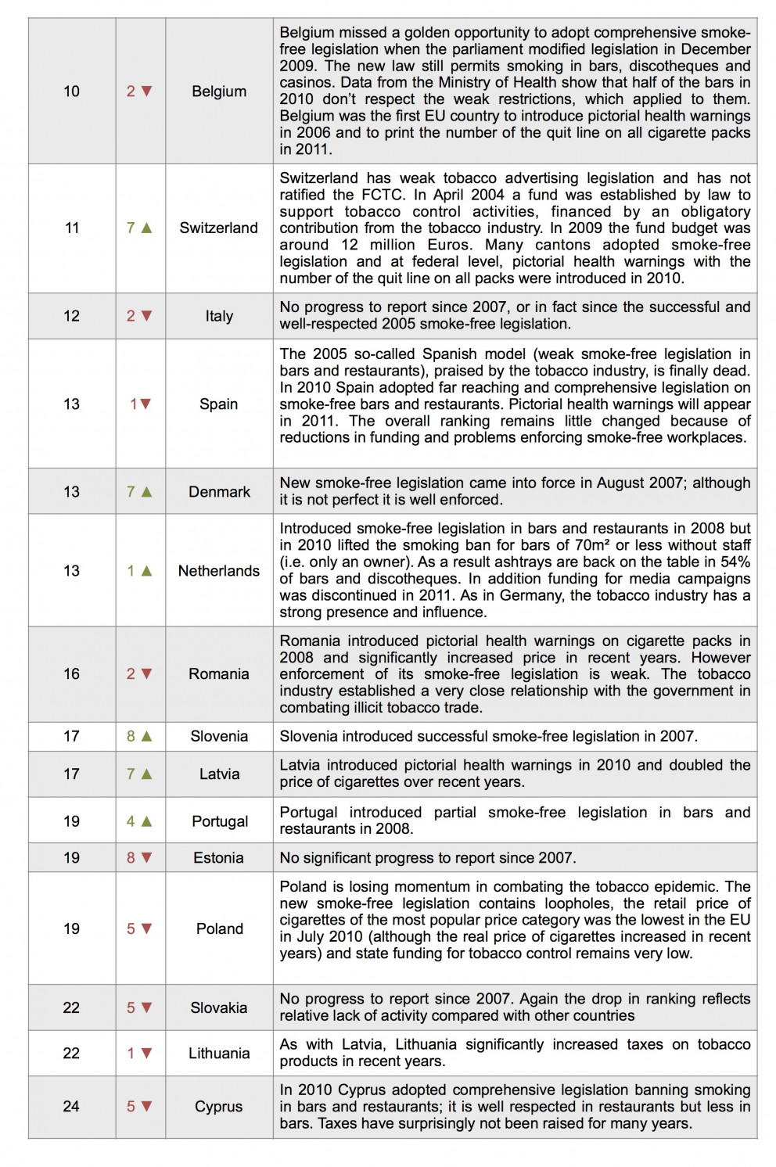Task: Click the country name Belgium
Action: click(x=219, y=92)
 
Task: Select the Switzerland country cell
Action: click(x=219, y=228)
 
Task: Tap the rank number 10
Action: click(x=71, y=92)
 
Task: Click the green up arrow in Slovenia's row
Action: click(x=146, y=736)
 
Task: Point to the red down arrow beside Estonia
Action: click(x=146, y=858)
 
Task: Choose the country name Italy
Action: click(x=219, y=316)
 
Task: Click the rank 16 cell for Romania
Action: click(x=71, y=674)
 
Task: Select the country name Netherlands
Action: click(x=219, y=571)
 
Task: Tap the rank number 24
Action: click(x=71, y=1107)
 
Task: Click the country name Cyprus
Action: click(x=219, y=1107)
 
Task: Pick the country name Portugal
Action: click(x=220, y=821)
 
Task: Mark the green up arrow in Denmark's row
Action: click(x=146, y=492)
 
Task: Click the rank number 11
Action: click(x=71, y=228)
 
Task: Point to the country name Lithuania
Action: click(x=219, y=1054)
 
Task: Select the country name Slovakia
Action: click(x=219, y=1007)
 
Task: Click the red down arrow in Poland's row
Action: click(x=146, y=929)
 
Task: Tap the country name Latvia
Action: click(x=219, y=774)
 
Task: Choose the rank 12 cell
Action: click(x=71, y=316)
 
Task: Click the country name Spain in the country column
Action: click(x=219, y=404)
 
